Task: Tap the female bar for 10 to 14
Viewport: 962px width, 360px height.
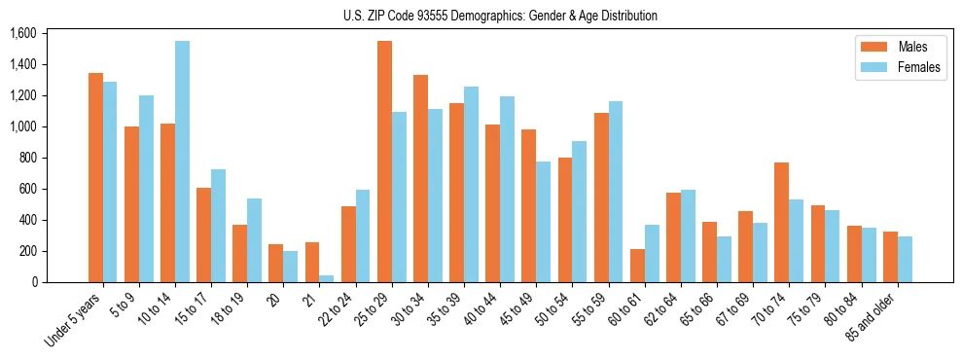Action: pyautogui.click(x=182, y=162)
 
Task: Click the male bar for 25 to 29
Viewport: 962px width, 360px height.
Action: pyautogui.click(x=385, y=162)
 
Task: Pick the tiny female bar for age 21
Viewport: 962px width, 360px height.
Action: pyautogui.click(x=327, y=278)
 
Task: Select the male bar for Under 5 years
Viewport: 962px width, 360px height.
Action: pyautogui.click(x=95, y=177)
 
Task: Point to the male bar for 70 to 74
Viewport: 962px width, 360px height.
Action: pyautogui.click(x=782, y=222)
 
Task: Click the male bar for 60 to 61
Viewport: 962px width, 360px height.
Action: pyautogui.click(x=638, y=266)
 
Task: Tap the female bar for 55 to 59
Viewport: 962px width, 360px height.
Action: pyautogui.click(x=617, y=192)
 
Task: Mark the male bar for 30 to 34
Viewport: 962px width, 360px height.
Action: pyautogui.click(x=421, y=178)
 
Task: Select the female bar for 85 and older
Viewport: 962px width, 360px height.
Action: pyautogui.click(x=906, y=259)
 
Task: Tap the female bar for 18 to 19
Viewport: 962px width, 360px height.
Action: pyautogui.click(x=254, y=240)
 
